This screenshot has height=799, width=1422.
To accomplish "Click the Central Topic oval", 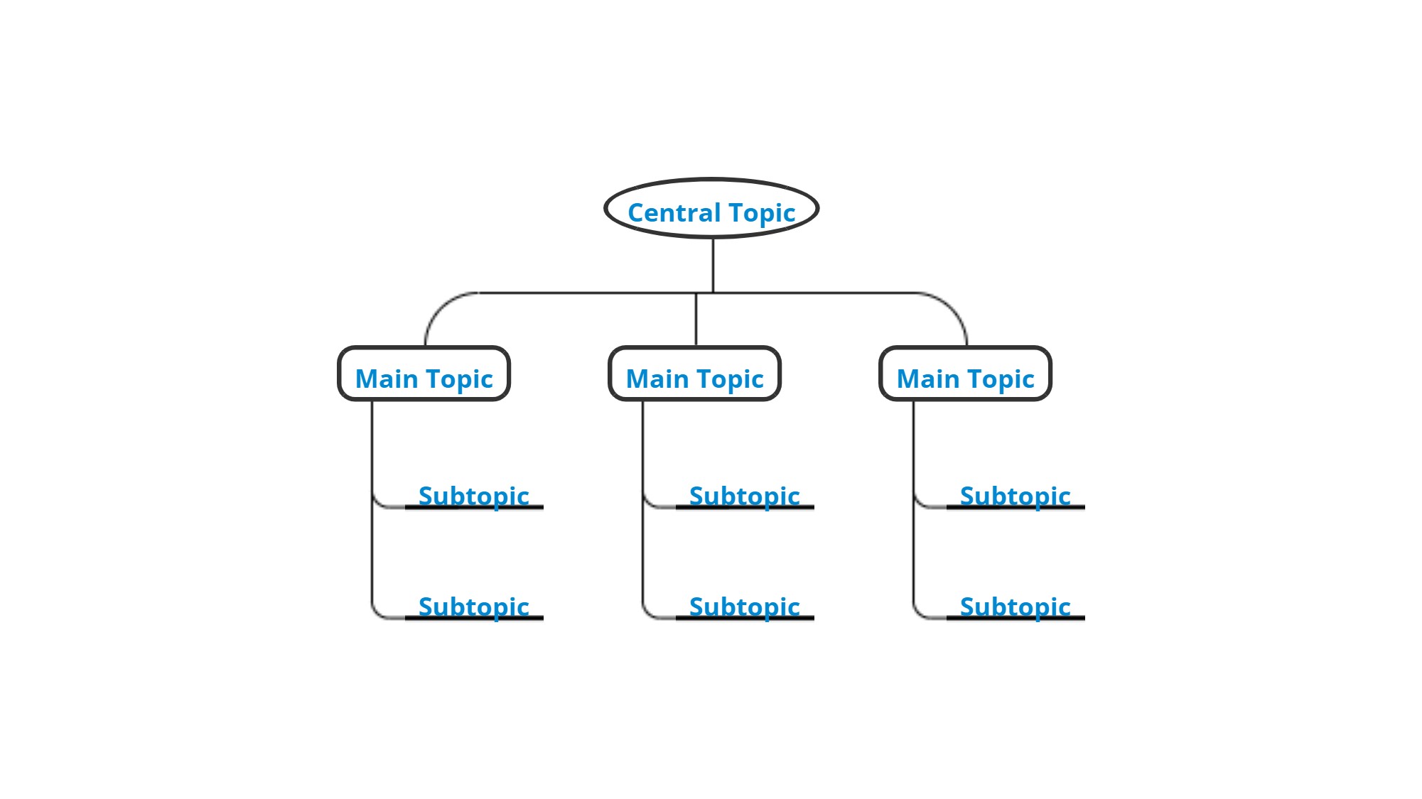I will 711,209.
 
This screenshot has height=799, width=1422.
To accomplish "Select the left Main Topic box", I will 424,374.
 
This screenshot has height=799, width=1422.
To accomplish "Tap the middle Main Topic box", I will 695,374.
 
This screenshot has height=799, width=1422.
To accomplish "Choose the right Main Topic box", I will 966,374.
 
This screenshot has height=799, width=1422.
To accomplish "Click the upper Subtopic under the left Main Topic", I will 474,496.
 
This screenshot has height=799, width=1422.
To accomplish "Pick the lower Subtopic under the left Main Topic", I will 474,607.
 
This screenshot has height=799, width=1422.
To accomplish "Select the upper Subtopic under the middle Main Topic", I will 745,496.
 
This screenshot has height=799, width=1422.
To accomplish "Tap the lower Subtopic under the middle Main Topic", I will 745,607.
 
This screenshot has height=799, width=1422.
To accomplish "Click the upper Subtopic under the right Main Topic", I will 1016,496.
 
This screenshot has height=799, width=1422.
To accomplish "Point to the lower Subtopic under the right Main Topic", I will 1016,607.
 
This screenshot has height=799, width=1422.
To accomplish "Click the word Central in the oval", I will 674,212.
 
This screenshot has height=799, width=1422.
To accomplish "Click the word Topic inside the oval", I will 762,213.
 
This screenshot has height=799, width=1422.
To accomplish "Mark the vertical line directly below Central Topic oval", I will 713,264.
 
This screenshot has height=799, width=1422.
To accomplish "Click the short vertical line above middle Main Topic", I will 696,320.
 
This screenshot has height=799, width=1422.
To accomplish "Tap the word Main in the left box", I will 387,379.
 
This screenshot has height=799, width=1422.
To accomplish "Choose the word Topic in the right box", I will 1002,379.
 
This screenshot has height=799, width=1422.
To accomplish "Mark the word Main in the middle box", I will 657,379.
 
